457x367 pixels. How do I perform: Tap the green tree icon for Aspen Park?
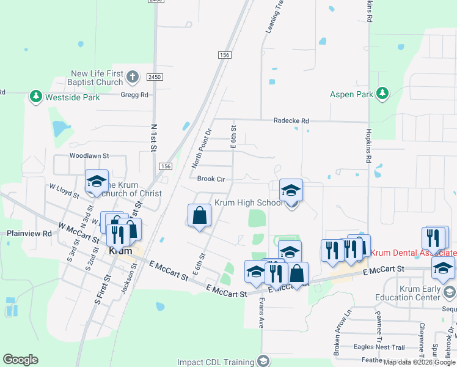382,94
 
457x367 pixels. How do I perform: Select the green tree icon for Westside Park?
36,97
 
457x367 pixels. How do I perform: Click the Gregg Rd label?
134,95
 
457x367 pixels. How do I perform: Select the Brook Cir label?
211,179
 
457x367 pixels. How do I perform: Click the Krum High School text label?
248,202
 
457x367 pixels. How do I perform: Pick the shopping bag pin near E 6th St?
199,215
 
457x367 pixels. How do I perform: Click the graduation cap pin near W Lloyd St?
97,182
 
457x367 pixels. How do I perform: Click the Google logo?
20,360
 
